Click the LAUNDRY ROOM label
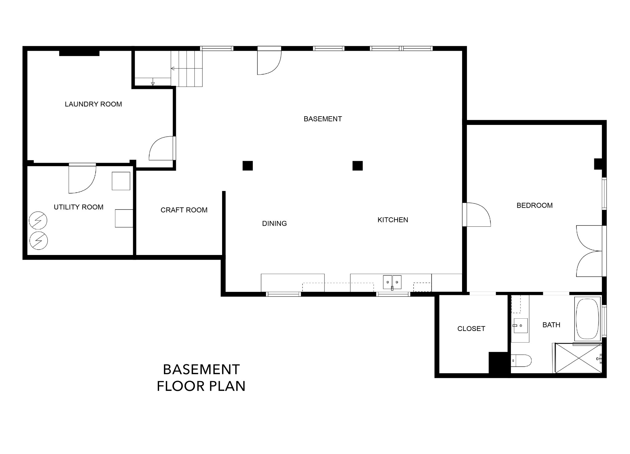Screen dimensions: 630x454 [x=93, y=104]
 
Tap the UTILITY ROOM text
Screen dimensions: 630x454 [x=78, y=207]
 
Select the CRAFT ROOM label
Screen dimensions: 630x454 [x=184, y=210]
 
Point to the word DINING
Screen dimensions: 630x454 [x=274, y=224]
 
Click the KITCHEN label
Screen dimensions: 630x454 [x=393, y=220]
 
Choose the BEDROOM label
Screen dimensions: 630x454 [x=535, y=205]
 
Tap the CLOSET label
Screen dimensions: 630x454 [x=471, y=329]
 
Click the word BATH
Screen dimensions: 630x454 [x=551, y=325]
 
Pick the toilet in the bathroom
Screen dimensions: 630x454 [x=521, y=360]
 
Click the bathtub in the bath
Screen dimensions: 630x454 [x=588, y=319]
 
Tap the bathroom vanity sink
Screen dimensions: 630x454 [x=520, y=326]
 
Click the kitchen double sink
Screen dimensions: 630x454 [x=392, y=282]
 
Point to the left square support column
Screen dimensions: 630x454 [x=248, y=166]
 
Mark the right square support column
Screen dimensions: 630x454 [x=357, y=166]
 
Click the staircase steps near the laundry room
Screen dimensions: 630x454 [x=187, y=69]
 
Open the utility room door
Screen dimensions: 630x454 [x=82, y=179]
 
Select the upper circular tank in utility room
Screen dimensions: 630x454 [x=38, y=220]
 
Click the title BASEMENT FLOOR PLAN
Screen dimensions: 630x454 [x=201, y=377]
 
